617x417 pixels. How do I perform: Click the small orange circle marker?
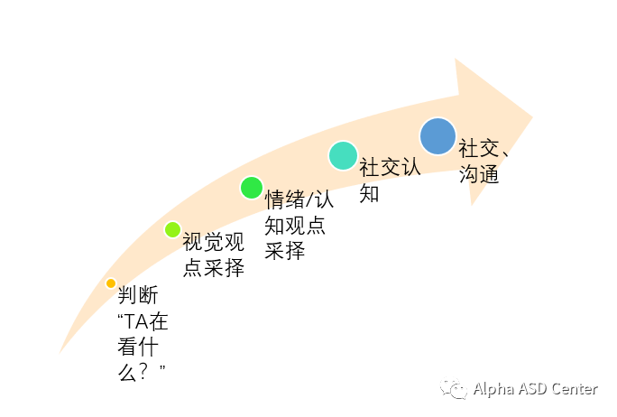click(111, 283)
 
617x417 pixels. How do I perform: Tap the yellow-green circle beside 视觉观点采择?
click(172, 229)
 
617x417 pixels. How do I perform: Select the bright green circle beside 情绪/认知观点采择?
click(251, 188)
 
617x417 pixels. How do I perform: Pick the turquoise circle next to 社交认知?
click(343, 155)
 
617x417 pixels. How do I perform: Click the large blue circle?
click(437, 136)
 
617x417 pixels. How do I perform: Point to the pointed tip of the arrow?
click(532, 116)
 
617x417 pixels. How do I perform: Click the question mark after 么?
click(148, 372)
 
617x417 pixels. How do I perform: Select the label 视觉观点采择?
click(213, 255)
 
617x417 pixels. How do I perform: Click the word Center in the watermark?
click(576, 389)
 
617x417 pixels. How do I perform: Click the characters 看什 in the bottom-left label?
click(138, 347)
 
